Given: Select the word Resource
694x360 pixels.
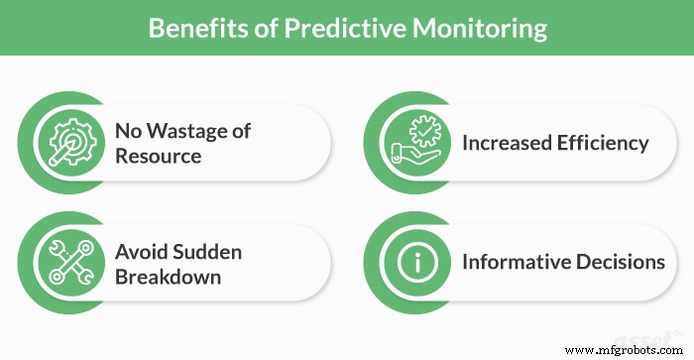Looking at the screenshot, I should point(158,156).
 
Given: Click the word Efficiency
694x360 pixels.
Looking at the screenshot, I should point(605,143).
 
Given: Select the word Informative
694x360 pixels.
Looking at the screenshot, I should point(517,263).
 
